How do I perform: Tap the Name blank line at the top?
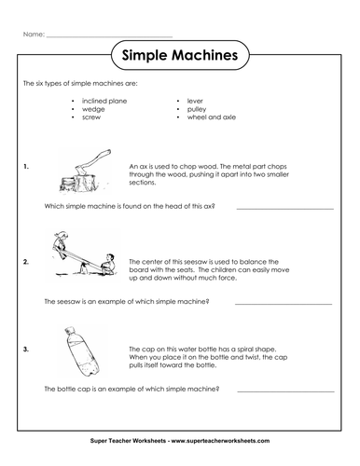[x=109, y=37]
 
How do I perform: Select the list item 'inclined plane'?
[x=104, y=101]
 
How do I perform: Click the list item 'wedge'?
[x=93, y=109]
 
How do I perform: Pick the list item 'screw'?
[x=91, y=117]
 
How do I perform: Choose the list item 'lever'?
[x=195, y=101]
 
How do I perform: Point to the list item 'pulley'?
[x=197, y=109]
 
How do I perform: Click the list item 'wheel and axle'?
[x=212, y=117]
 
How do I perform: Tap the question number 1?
[x=26, y=167]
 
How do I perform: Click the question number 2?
[x=26, y=262]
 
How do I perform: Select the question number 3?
[x=26, y=349]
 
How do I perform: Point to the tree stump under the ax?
[x=81, y=184]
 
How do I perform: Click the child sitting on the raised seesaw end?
[x=61, y=244]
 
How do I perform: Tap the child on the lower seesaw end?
[x=107, y=264]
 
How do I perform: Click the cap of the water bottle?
[x=70, y=330]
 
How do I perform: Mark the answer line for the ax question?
[x=285, y=209]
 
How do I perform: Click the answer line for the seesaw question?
[x=284, y=304]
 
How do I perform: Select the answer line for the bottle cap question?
[x=286, y=391]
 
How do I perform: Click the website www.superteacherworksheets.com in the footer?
[x=220, y=441]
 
